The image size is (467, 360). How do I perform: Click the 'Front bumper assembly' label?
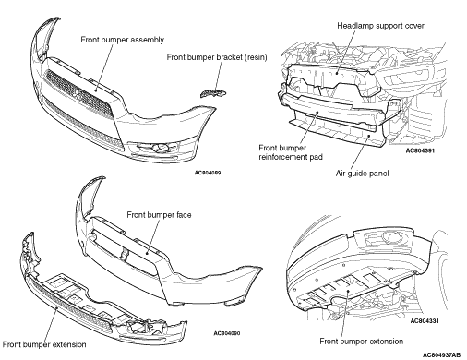(x=122, y=40)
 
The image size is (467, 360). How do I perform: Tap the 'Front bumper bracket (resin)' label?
(x=217, y=57)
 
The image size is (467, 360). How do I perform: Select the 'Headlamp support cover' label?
(x=380, y=26)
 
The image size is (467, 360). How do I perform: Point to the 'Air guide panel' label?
(x=362, y=174)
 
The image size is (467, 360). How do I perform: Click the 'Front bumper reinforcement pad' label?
(x=291, y=152)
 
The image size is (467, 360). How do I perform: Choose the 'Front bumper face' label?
(x=159, y=215)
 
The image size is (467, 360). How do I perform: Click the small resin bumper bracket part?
(x=213, y=92)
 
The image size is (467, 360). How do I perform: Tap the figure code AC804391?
(x=420, y=150)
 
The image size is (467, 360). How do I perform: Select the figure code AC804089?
(x=208, y=173)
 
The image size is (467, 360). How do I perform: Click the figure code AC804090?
(x=227, y=333)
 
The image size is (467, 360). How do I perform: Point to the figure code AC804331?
(x=425, y=321)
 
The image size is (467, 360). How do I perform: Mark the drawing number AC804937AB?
(x=441, y=355)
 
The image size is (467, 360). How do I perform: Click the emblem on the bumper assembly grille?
(x=77, y=94)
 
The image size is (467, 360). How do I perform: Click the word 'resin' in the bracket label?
(x=256, y=57)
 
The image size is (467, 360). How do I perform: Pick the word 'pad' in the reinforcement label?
(x=316, y=157)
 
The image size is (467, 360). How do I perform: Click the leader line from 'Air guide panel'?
(x=359, y=151)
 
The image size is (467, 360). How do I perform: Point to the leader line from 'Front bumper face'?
(x=153, y=236)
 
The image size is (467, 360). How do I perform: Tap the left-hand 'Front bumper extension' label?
(x=44, y=344)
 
